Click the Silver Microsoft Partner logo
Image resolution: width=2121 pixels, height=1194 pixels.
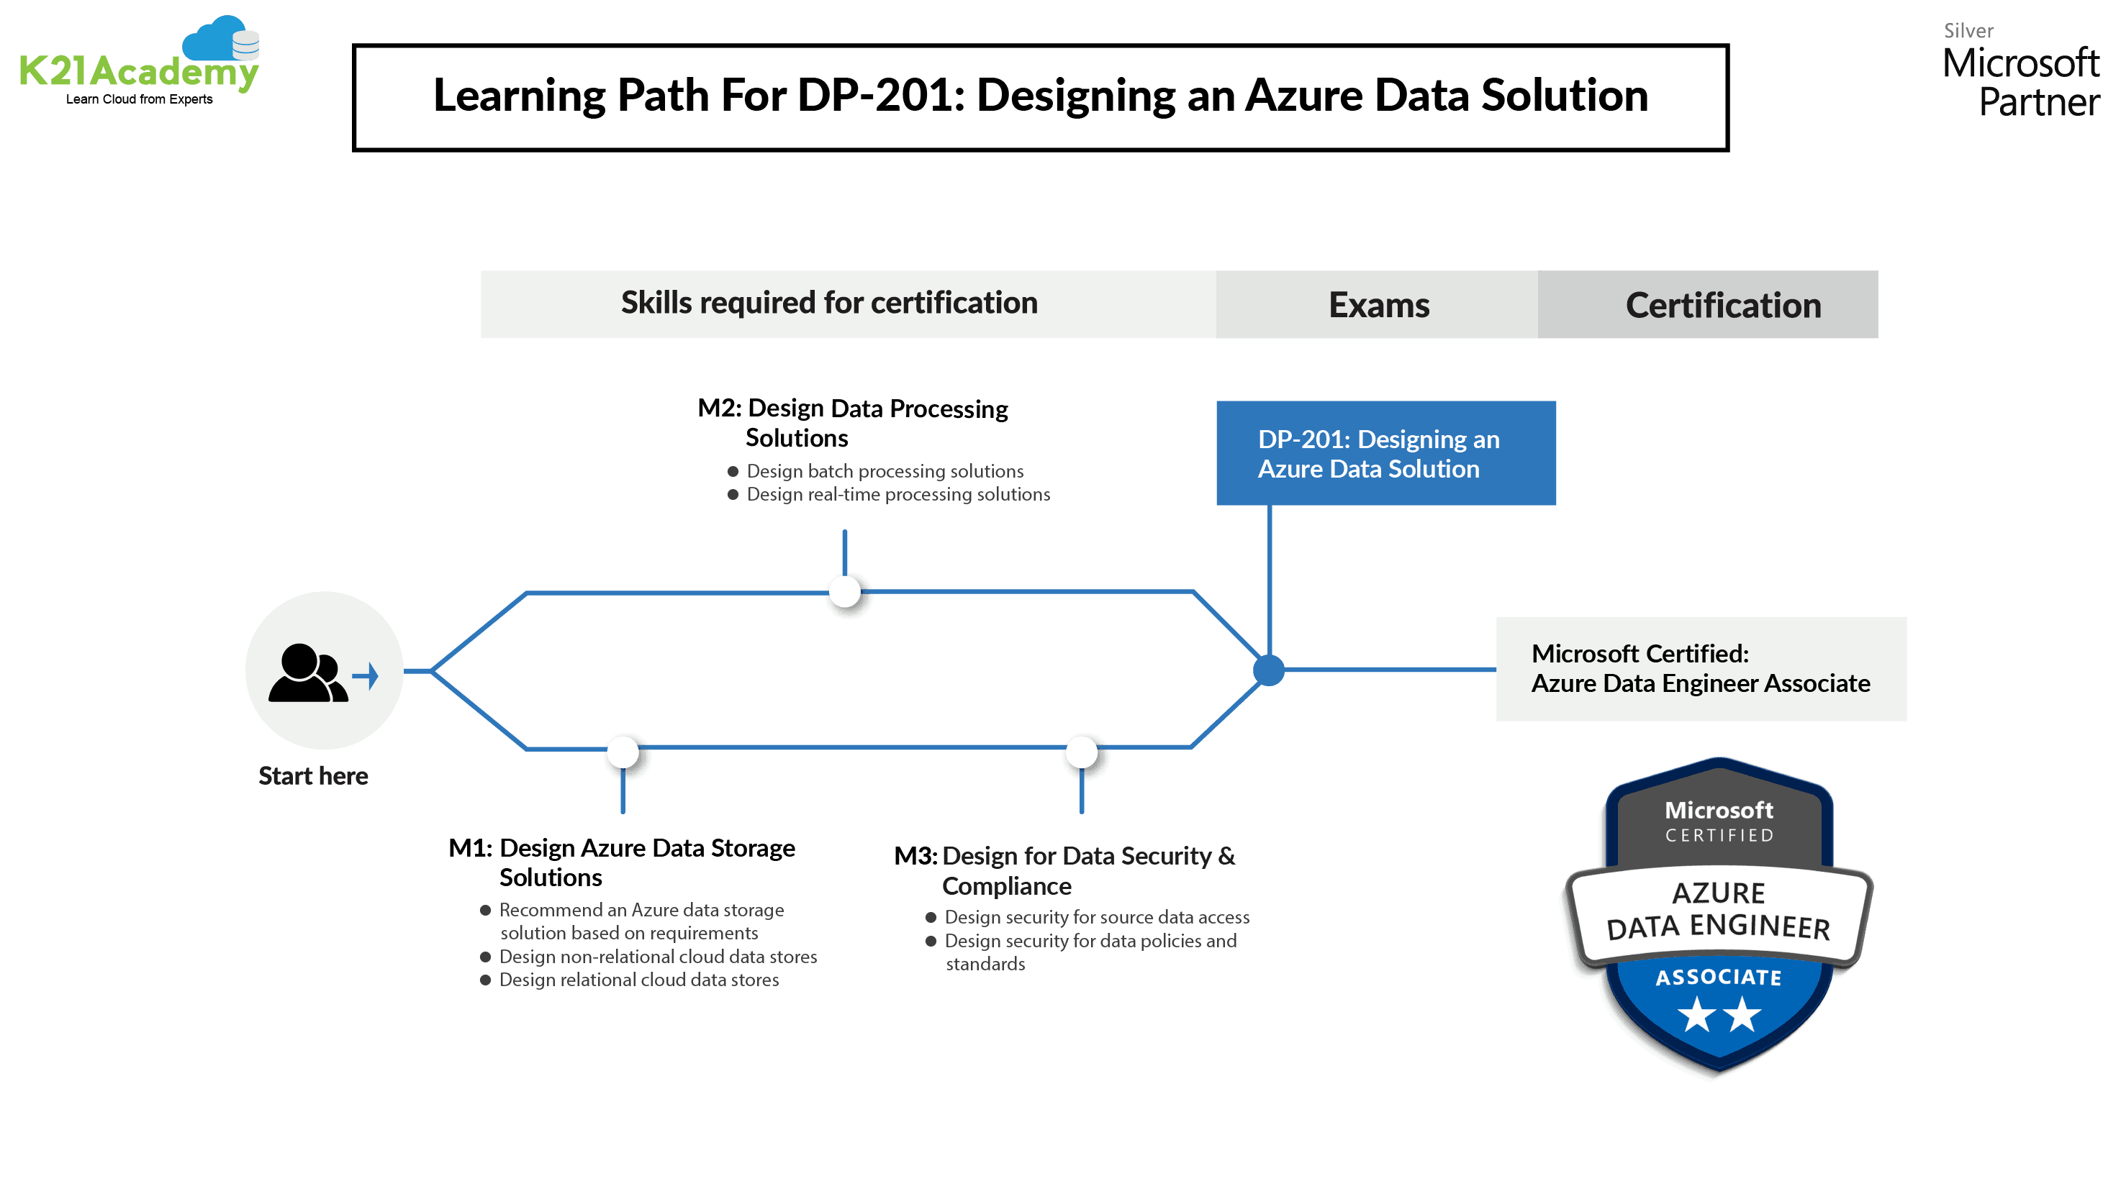[2020, 73]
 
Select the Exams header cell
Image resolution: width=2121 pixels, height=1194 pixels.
[1378, 304]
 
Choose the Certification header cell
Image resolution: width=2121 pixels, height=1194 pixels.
[1722, 304]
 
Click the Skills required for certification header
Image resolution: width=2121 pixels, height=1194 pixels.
[829, 303]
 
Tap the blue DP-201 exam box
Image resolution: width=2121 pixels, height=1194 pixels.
[1385, 453]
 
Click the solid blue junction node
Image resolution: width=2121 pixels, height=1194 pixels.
[1269, 670]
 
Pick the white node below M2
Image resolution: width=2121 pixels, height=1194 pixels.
[845, 592]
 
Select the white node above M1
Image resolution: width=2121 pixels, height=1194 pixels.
[623, 752]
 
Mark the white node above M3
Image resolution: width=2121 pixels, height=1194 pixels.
[1082, 752]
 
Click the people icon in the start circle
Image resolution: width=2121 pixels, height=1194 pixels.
[308, 673]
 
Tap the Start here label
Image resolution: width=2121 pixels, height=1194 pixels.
[313, 776]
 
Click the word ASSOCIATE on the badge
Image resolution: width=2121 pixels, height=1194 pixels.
[1719, 977]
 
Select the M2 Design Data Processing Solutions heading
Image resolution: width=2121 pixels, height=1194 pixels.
[852, 422]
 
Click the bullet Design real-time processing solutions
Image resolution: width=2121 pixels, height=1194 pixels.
[897, 495]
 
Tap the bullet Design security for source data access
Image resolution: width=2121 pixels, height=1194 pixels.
[1096, 918]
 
